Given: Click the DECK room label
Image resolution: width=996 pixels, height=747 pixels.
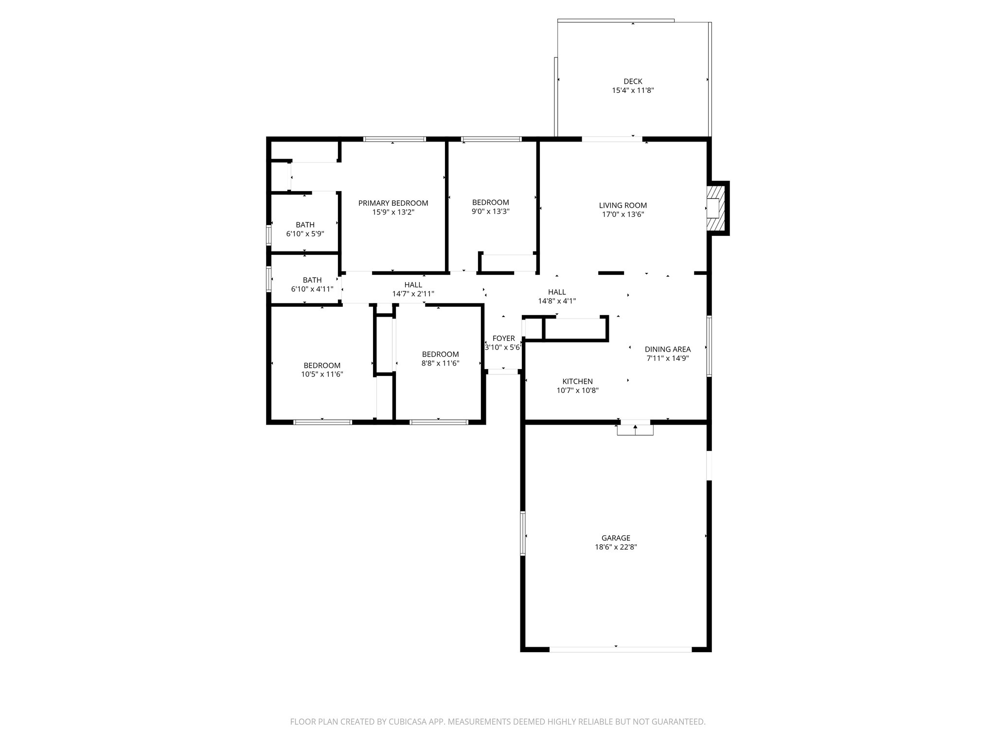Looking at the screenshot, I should coord(633,81).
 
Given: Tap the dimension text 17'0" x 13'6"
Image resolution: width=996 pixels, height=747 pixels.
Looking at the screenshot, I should coord(622,214).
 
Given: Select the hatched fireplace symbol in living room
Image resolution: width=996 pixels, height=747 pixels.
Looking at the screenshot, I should coord(717,208).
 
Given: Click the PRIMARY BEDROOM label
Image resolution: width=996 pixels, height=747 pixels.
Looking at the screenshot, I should coord(393,203).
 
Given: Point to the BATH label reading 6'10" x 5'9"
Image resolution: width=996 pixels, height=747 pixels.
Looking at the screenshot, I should coord(305,225).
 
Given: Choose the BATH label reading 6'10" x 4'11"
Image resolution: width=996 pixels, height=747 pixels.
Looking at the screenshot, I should coord(312,280).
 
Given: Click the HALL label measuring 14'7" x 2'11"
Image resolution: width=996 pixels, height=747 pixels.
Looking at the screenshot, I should coord(413,285).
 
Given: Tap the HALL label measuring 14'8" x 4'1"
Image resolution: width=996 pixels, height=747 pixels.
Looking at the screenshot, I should coord(557,292).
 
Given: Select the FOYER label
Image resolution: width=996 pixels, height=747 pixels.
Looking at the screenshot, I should coord(503,338).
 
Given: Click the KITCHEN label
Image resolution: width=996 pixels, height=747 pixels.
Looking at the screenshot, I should coord(577,381).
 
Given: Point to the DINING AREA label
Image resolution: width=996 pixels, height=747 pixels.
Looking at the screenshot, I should coord(667,349).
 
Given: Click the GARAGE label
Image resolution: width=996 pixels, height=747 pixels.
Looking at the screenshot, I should coord(616,538).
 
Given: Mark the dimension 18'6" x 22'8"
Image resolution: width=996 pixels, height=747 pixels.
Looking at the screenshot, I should coord(616,547).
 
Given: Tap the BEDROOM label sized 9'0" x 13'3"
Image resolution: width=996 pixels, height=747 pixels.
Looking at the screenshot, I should coord(490,202).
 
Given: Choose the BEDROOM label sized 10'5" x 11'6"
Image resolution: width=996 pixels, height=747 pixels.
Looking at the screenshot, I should coord(322,365).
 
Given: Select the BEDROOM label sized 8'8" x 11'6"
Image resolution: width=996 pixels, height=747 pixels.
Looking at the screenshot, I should coord(440,354).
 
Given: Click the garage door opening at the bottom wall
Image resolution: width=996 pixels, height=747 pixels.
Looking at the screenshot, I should coord(620,649).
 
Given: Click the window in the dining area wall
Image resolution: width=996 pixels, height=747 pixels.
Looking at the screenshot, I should coord(709,346).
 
